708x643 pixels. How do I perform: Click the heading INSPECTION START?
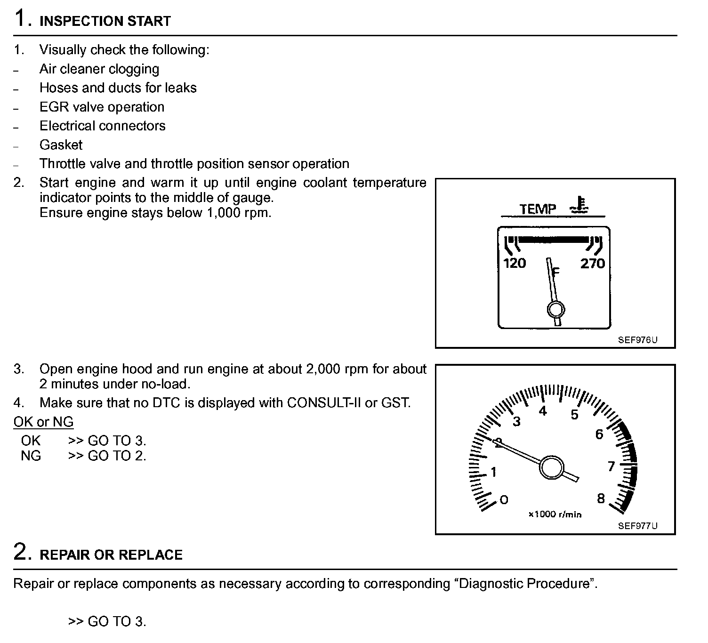point(105,21)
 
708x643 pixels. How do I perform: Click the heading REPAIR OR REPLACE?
point(111,555)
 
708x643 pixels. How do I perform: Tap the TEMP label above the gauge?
point(538,209)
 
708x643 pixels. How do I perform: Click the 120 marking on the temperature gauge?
point(515,263)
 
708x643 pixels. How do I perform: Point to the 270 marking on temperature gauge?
point(592,263)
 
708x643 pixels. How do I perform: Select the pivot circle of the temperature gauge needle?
point(556,309)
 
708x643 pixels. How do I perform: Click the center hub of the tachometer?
point(552,468)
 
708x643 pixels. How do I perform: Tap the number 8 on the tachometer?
point(601,498)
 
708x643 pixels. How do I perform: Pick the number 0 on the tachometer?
point(504,499)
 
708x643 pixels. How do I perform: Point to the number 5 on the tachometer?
point(574,415)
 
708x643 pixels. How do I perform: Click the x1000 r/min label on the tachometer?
point(555,514)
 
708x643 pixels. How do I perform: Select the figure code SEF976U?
point(638,340)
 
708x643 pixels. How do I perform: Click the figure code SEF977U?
point(638,526)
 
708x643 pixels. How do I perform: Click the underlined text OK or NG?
point(43,422)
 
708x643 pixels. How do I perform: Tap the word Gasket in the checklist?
point(61,145)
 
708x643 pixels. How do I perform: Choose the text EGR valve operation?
point(102,107)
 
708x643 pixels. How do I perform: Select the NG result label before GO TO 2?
point(31,456)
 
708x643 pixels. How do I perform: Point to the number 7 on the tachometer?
point(611,466)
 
